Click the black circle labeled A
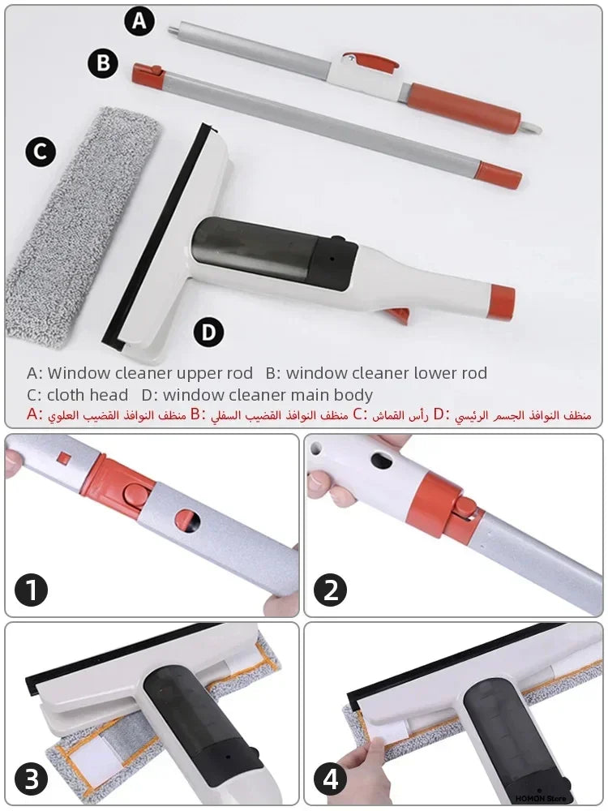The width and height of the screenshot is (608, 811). [x=139, y=21]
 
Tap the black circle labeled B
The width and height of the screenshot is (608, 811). [x=103, y=62]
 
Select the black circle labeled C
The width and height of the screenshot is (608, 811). [x=40, y=152]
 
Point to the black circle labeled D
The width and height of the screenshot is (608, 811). [x=208, y=331]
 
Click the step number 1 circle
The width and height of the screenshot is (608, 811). [x=32, y=590]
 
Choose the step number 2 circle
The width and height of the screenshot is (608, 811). [x=330, y=590]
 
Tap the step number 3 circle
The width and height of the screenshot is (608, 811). [x=32, y=780]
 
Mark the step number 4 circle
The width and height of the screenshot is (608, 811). [x=330, y=780]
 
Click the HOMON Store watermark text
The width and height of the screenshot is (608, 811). [x=540, y=798]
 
